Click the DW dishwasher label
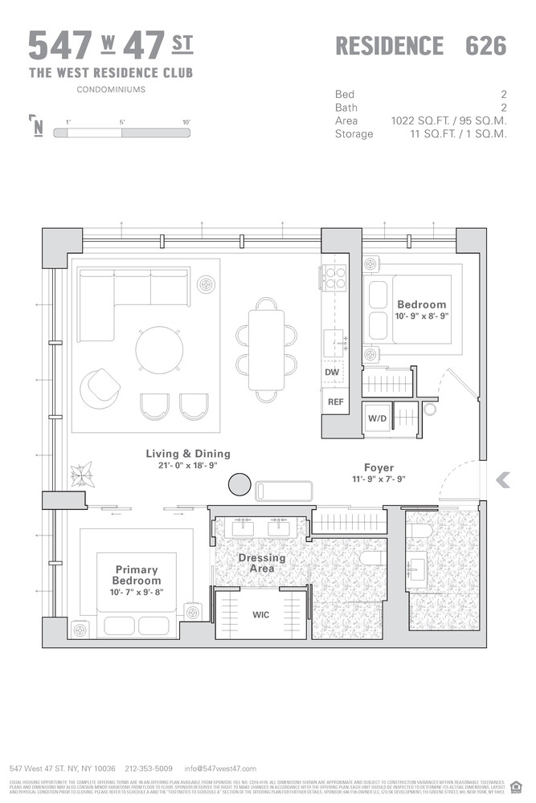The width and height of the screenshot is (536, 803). (x=332, y=373)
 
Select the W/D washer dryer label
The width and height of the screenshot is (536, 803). (x=377, y=418)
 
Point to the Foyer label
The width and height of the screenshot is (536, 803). (x=378, y=467)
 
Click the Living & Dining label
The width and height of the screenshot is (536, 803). (x=188, y=454)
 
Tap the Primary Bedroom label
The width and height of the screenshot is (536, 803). (x=137, y=575)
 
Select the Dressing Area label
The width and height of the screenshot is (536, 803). (x=261, y=563)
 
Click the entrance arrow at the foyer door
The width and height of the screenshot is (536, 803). (x=503, y=480)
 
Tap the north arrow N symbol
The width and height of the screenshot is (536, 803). (x=37, y=127)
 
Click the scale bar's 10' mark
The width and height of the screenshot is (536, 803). (x=186, y=122)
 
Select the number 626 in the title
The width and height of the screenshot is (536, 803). (x=485, y=46)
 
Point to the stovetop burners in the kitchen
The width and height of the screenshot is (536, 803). (x=334, y=278)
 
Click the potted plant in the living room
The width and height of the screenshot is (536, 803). (x=81, y=475)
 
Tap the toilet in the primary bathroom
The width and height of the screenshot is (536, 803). (x=372, y=559)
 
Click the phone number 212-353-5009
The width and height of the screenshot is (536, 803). (x=150, y=768)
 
